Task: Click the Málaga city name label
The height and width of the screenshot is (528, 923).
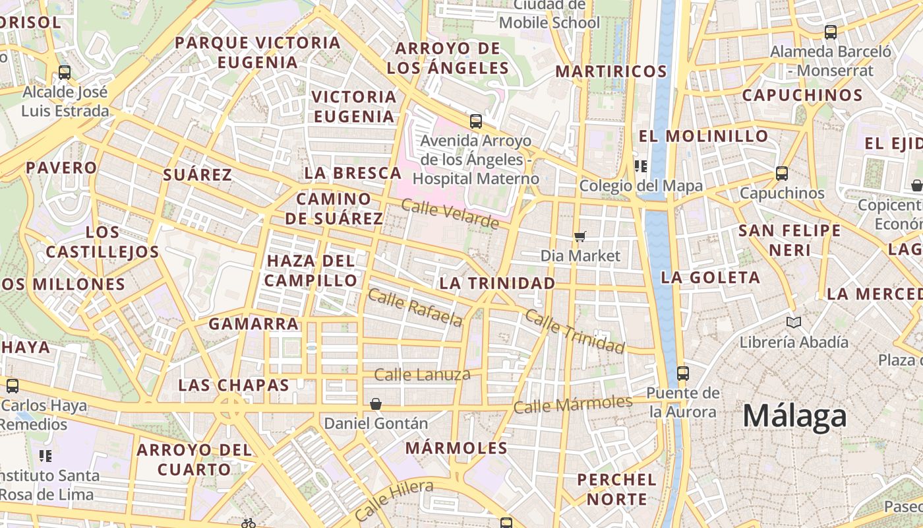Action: tap(794, 416)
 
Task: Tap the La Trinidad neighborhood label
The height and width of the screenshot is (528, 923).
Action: tap(497, 283)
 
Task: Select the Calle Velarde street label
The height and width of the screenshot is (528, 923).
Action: tap(450, 214)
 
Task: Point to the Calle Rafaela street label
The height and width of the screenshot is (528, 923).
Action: tap(415, 308)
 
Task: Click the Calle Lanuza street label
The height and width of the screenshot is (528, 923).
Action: tap(422, 375)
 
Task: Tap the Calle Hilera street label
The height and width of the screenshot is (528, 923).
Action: tap(394, 500)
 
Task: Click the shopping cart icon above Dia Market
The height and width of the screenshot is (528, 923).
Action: tap(580, 236)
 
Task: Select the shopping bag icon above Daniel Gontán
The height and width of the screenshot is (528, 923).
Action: tap(376, 403)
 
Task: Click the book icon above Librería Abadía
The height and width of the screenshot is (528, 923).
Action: tap(794, 322)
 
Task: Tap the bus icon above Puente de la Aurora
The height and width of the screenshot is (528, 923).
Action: tap(683, 373)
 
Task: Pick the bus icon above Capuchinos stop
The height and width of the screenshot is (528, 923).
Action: tap(782, 174)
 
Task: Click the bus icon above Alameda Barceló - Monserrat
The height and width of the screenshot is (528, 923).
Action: tap(831, 32)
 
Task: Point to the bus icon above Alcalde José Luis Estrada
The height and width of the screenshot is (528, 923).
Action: tap(65, 72)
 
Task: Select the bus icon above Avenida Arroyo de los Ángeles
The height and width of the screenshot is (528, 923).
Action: tap(476, 121)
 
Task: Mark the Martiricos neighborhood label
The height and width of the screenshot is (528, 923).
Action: tap(611, 71)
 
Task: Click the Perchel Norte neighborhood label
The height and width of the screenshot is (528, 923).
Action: tap(617, 488)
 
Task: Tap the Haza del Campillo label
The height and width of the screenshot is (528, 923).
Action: tap(311, 270)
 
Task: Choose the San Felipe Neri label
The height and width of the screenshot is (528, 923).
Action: tap(789, 240)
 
